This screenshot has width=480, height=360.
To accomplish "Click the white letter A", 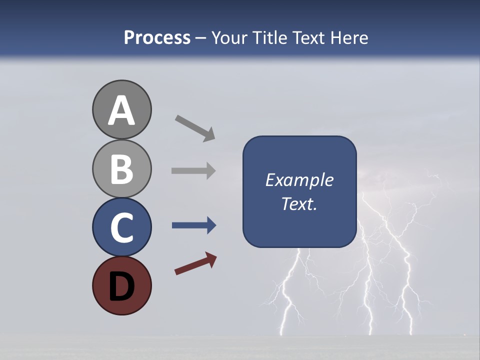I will pos(121,111).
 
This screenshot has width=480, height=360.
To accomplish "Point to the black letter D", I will pos(121,286).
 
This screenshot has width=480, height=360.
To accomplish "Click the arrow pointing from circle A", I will pos(195,128).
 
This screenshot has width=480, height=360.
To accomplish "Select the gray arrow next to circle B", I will pos(193,171).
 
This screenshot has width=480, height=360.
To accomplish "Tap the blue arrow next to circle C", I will pos(193,226).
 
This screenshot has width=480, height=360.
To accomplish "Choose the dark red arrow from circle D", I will pos(195,263).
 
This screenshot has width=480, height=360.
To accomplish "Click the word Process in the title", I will pos(157,37).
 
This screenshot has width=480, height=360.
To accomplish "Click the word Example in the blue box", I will pos(299,180).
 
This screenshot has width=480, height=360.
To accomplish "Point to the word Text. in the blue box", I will pos(299,204).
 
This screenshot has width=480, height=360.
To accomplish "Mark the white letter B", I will pos(121,169).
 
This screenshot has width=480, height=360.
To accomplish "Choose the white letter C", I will pos(121,227).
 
